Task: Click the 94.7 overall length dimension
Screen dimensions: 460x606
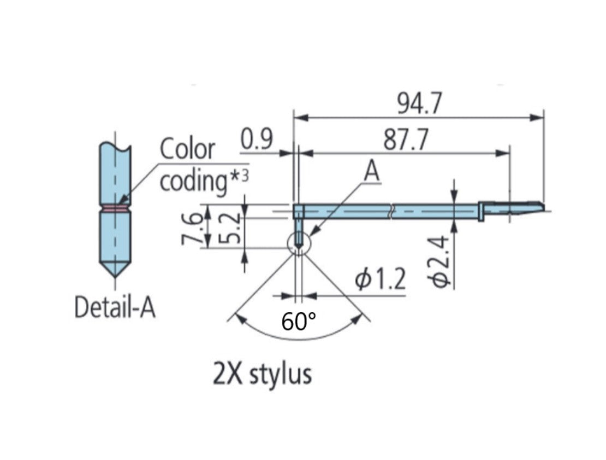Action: coord(419,104)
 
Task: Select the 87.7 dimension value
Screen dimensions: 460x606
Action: coord(405,141)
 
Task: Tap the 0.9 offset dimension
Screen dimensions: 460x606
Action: coord(256,141)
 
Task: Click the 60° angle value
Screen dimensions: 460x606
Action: coord(299,322)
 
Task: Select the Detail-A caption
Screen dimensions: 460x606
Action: coord(115,308)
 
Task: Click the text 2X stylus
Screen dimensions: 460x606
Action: coord(262,375)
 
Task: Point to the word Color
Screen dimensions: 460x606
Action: coord(187,149)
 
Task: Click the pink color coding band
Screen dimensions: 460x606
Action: coord(115,208)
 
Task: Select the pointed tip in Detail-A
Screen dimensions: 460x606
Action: coord(115,271)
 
